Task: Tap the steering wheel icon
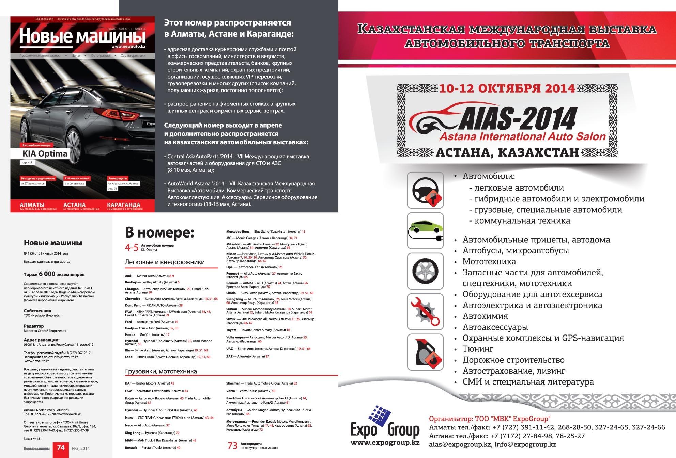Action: [x=425, y=190]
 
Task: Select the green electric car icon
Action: [x=425, y=230]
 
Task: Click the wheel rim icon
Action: [x=425, y=271]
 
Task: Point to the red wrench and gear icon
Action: [x=425, y=311]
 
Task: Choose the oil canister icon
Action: [x=425, y=352]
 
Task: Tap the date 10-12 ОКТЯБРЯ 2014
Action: [x=507, y=88]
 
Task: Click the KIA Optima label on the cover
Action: [x=45, y=153]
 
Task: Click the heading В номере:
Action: [x=159, y=233]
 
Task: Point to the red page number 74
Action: [x=61, y=448]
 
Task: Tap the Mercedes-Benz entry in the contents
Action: [x=238, y=231]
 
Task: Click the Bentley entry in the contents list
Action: [x=131, y=282]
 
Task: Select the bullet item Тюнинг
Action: [x=478, y=349]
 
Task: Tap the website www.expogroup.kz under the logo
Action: [x=385, y=443]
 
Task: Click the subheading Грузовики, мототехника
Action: [x=161, y=371]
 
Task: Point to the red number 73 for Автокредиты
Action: [x=232, y=446]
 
